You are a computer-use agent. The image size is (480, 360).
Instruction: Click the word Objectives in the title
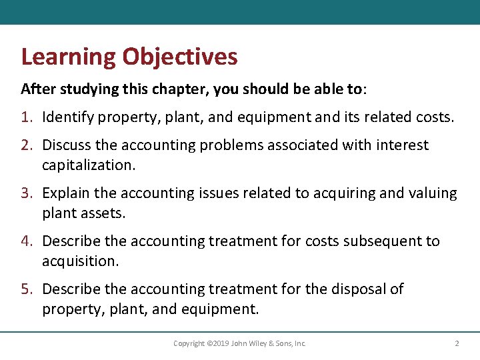[x=179, y=57]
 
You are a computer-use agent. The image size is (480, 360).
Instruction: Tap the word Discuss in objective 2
[x=67, y=145]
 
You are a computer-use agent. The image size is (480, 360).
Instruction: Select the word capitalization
[x=88, y=165]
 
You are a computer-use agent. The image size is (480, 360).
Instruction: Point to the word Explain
[x=67, y=193]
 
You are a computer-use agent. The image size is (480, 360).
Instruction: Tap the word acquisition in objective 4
[x=80, y=261]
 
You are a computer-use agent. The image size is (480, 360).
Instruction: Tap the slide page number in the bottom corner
[x=457, y=343]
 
